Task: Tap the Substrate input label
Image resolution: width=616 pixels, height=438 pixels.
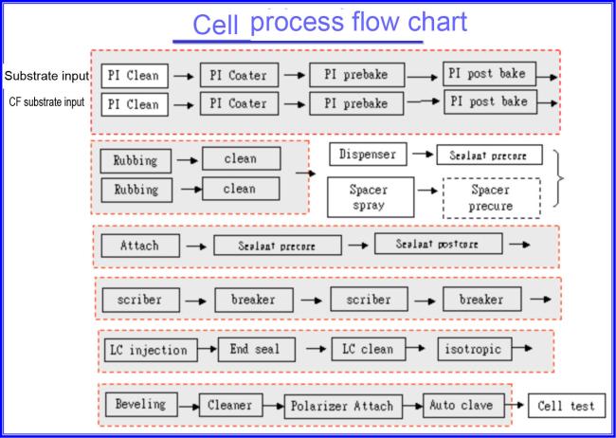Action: point(47,74)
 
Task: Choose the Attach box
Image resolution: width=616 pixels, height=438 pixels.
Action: point(139,246)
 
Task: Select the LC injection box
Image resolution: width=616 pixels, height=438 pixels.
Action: point(147,350)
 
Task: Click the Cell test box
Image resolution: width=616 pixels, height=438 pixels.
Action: point(563,407)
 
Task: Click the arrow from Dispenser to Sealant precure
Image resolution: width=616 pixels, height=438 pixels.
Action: point(421,154)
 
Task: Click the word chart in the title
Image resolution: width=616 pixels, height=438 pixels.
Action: point(409,23)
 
